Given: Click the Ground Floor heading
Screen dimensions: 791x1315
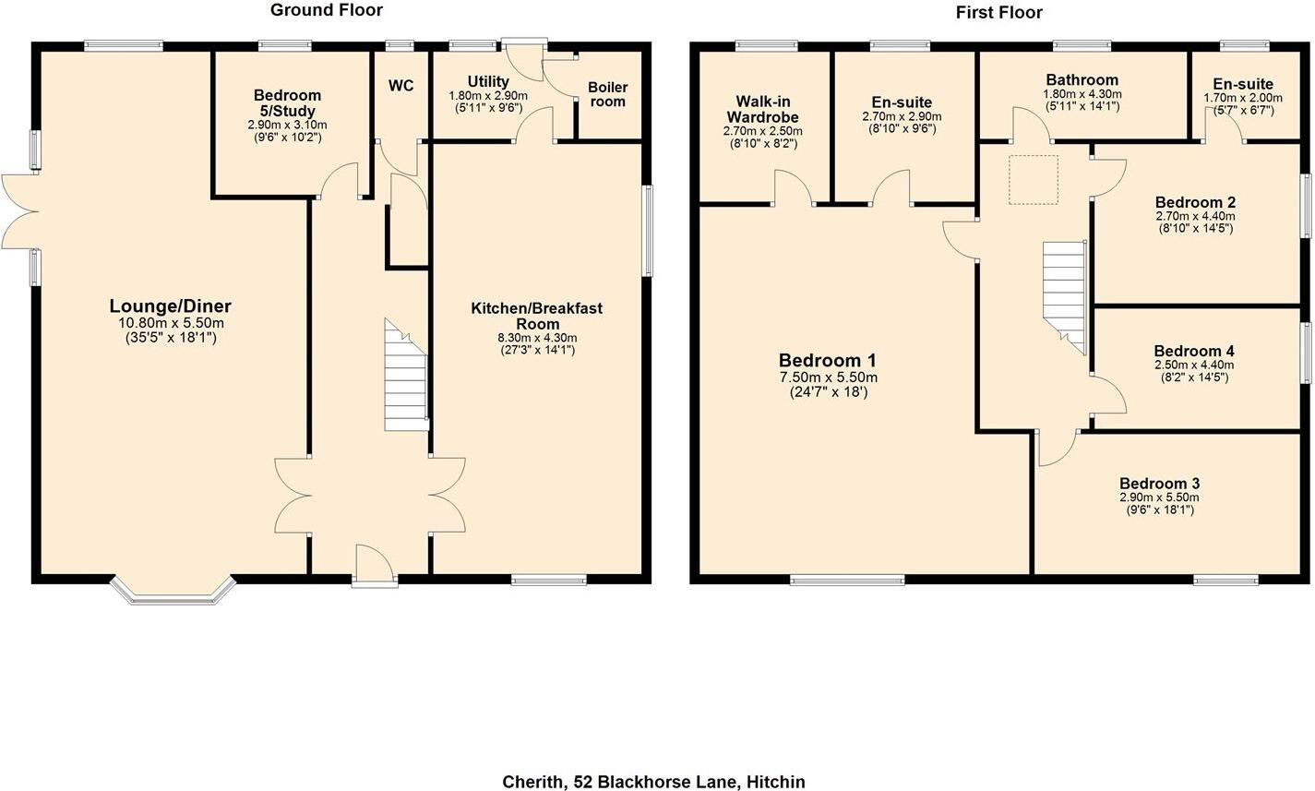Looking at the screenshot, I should (x=326, y=10).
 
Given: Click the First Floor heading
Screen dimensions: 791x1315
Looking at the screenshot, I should (x=999, y=12).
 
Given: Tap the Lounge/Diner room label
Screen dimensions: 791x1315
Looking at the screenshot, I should (x=170, y=306).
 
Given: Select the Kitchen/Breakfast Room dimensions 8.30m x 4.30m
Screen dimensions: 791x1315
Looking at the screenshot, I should (x=537, y=338).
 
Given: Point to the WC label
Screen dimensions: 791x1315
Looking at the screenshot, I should (x=400, y=86).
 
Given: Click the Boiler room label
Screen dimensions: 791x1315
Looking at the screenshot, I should (x=607, y=94).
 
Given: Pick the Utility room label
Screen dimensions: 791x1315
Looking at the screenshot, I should (x=487, y=82).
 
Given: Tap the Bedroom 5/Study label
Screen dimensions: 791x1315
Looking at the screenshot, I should (x=287, y=102).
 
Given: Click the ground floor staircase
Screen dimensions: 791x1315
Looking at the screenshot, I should (x=406, y=378).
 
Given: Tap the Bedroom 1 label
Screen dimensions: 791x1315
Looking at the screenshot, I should (x=827, y=361).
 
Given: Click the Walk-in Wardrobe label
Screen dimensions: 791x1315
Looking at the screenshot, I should (x=762, y=109).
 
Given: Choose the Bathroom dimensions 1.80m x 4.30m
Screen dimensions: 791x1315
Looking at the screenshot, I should (x=1082, y=94).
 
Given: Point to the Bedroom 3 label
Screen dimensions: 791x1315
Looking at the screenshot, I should (x=1159, y=484).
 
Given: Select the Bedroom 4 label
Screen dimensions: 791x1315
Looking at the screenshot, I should (x=1193, y=351).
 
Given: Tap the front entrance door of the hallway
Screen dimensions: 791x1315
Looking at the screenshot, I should (x=374, y=565).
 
